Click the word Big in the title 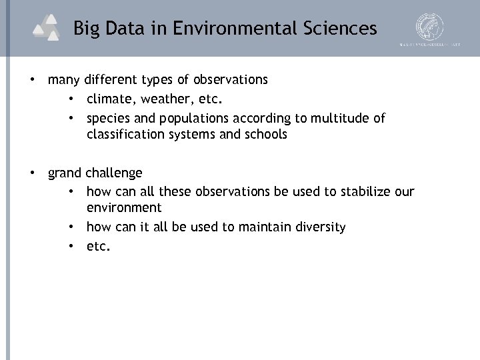(x=86, y=29)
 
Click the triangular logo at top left (x=47, y=27)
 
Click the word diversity (x=320, y=227)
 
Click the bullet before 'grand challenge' (x=32, y=173)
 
